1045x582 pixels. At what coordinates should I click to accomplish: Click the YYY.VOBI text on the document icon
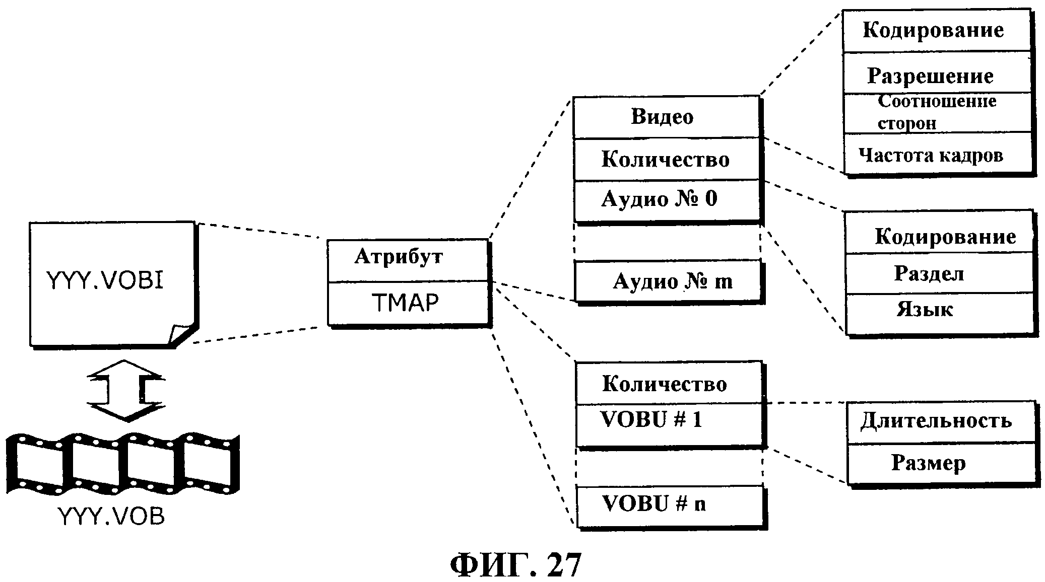(x=105, y=280)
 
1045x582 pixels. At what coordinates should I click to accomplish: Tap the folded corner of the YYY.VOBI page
(x=181, y=333)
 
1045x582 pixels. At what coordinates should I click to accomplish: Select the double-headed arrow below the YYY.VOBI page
(x=125, y=390)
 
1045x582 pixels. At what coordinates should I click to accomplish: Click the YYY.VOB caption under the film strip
(x=112, y=516)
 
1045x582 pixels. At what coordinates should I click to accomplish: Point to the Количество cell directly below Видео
(x=665, y=160)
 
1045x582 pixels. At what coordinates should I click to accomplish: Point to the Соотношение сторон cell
(x=936, y=112)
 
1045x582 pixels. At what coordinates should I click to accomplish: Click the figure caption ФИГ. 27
(x=515, y=564)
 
